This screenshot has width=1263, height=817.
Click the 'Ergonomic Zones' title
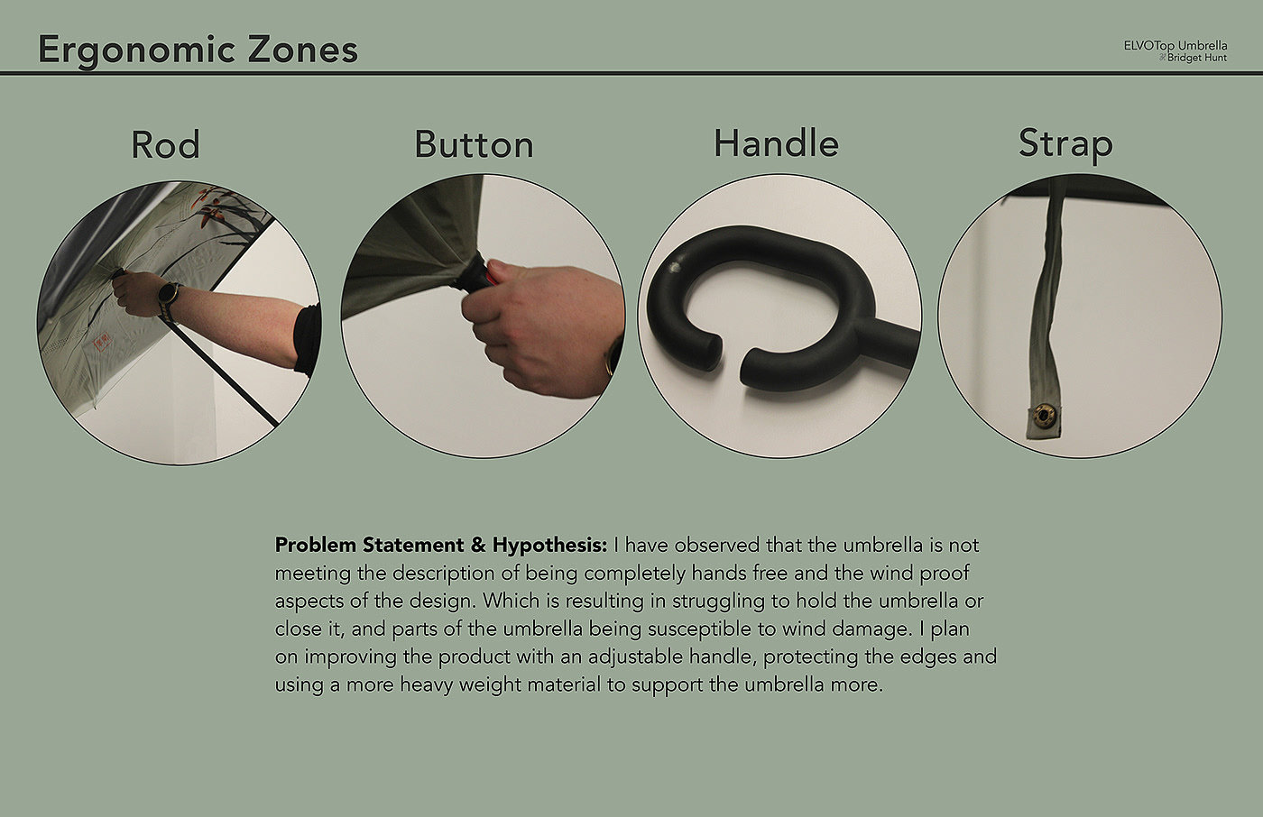pyautogui.click(x=198, y=50)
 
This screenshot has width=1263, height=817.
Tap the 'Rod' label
pyautogui.click(x=165, y=145)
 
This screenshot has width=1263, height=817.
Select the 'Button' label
pyautogui.click(x=475, y=145)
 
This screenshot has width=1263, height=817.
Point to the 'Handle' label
pyautogui.click(x=777, y=143)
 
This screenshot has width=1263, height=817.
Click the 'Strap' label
pyautogui.click(x=1065, y=145)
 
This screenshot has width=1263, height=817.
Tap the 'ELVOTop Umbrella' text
pyautogui.click(x=1175, y=46)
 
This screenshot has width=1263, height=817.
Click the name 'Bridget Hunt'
pyautogui.click(x=1197, y=58)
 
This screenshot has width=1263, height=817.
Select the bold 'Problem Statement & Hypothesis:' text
pyautogui.click(x=441, y=545)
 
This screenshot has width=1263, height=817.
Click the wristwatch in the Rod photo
pyautogui.click(x=168, y=294)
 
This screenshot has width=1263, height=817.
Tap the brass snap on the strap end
pyautogui.click(x=1043, y=415)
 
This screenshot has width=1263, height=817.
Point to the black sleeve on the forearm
pyautogui.click(x=308, y=340)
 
